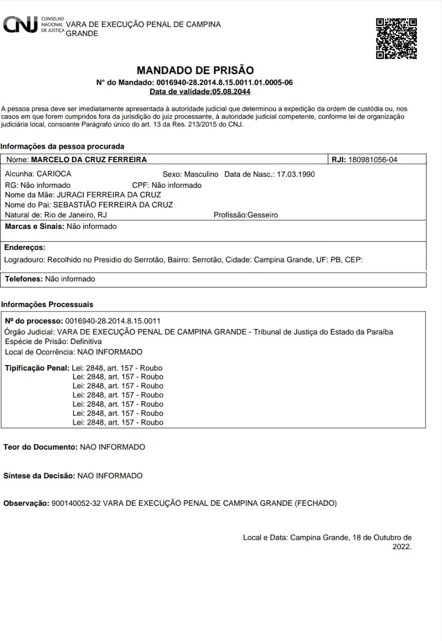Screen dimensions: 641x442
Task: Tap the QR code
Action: [x=396, y=39]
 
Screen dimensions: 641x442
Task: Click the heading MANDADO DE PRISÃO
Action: [x=195, y=70]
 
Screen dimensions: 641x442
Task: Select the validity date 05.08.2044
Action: [x=231, y=92]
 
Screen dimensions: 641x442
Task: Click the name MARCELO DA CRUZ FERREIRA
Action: [x=89, y=160]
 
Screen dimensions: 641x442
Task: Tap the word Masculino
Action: [x=201, y=174]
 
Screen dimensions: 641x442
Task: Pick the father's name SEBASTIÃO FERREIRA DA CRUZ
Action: [x=113, y=205]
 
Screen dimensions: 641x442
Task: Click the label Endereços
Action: [x=25, y=247]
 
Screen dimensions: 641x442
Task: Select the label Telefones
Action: [x=24, y=279]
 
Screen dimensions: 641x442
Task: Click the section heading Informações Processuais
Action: [x=47, y=304]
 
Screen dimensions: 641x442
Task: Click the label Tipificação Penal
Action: [x=37, y=368]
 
